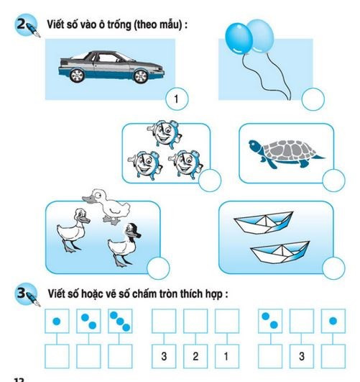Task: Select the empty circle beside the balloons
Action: click(313, 99)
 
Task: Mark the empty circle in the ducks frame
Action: click(158, 269)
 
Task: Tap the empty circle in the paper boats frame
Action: click(333, 269)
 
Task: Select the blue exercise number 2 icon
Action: click(27, 25)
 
